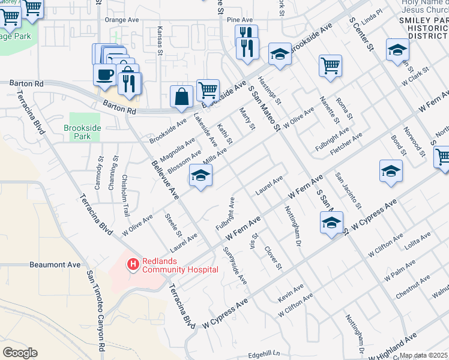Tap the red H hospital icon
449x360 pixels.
click(x=133, y=262)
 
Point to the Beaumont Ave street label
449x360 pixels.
click(x=55, y=264)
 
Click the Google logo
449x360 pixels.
click(x=20, y=353)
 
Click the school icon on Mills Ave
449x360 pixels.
click(x=201, y=176)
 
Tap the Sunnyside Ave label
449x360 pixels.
click(x=235, y=265)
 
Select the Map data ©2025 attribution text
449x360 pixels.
click(x=424, y=356)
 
